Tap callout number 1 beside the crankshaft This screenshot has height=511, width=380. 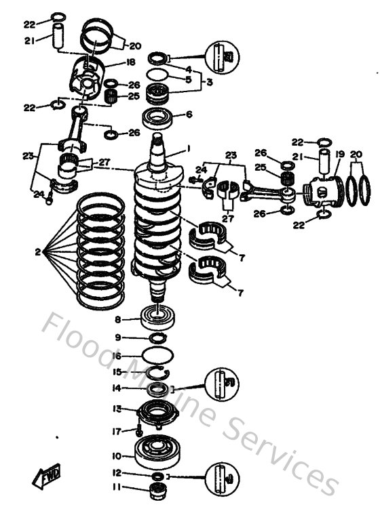coord(189,149)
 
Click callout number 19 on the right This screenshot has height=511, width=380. coord(339,154)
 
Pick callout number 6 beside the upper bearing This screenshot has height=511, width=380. coord(189,115)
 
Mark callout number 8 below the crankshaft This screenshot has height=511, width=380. coord(117,319)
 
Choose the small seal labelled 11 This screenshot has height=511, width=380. coord(159,489)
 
